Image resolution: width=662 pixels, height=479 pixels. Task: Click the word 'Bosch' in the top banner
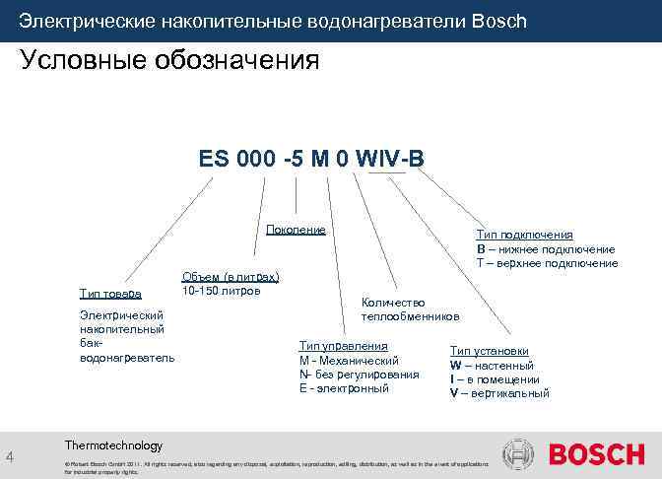[499, 21]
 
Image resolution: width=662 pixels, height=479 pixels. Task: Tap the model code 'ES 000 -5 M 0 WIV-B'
[312, 159]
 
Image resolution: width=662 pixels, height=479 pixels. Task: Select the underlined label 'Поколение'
[296, 230]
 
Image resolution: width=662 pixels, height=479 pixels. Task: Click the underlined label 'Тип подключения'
[524, 235]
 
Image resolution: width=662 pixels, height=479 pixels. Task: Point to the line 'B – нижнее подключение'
[546, 248]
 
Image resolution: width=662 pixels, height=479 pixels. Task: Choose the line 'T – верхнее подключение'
[547, 263]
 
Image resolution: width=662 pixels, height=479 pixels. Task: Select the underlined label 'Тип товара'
[110, 294]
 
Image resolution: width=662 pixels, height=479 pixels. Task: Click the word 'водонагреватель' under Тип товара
[126, 357]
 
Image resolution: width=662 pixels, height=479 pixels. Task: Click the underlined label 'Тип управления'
[343, 346]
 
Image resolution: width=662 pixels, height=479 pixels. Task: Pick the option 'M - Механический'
[348, 361]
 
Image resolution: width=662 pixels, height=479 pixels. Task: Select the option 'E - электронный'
[344, 388]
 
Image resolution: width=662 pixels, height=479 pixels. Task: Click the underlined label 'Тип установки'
[489, 351]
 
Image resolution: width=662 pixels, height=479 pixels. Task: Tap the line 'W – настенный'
[492, 366]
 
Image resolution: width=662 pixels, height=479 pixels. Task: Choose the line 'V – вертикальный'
[499, 393]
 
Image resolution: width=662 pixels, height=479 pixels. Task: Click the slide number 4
[9, 456]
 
